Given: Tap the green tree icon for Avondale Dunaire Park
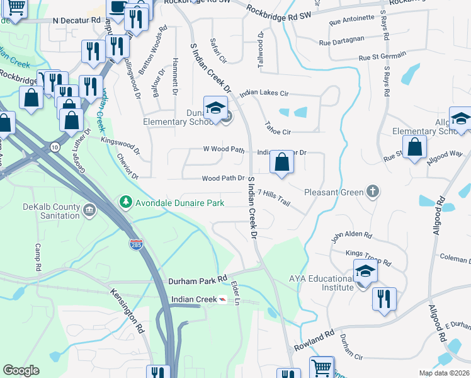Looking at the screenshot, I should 125,202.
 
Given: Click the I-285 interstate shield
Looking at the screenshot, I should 135,244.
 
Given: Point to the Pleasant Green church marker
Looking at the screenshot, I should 373,191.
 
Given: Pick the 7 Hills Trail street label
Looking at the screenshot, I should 273,197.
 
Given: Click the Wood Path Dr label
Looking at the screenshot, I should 223,178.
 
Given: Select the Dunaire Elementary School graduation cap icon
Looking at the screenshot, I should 215,108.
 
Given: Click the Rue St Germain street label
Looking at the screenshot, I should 382,57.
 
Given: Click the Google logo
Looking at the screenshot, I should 21,370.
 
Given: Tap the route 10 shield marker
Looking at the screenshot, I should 55,147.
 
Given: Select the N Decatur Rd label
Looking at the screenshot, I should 77,20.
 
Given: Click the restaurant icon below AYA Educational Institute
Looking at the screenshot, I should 384,299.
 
